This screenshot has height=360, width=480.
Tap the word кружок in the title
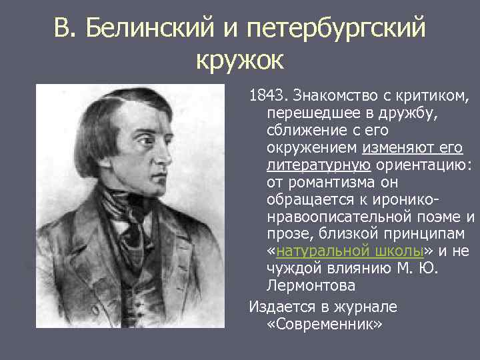click(x=240, y=61)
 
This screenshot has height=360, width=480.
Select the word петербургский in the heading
click(x=335, y=29)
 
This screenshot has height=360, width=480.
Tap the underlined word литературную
click(x=319, y=164)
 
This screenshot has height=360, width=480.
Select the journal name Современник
click(x=324, y=323)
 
